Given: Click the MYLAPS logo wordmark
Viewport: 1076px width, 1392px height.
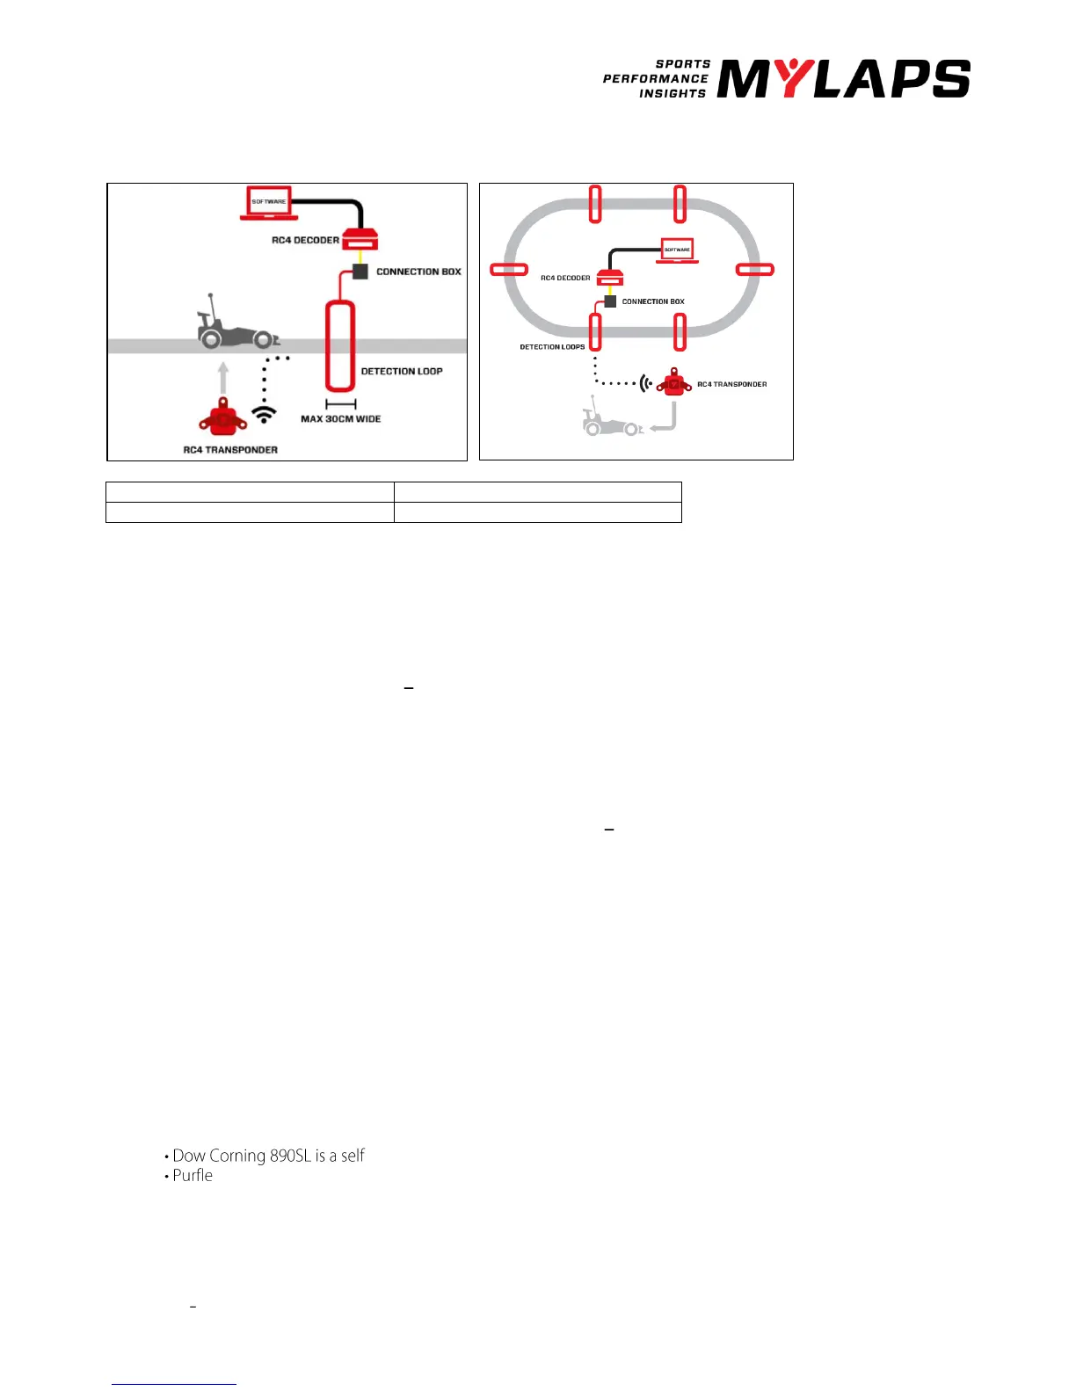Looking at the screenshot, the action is coord(843,79).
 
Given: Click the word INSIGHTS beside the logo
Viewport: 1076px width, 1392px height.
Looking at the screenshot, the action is coord(672,93).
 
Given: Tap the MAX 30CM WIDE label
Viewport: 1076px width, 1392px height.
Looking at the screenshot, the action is coord(341,419).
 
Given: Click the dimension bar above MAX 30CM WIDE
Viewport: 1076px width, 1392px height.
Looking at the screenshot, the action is coord(341,404).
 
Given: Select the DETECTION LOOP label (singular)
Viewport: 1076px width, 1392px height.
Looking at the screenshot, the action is coord(402,372).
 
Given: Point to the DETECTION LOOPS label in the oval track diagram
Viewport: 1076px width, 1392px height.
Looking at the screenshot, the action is coord(552,347).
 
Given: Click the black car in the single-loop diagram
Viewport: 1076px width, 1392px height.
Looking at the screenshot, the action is coord(236,327).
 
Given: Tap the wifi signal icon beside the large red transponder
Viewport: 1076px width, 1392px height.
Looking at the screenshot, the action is coord(264,413).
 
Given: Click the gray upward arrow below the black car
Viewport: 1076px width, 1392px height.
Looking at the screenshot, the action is coord(223,377).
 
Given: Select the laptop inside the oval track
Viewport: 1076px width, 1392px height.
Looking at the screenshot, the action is coord(677,250).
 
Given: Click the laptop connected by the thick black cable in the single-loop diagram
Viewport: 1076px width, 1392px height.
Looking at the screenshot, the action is coord(269,204).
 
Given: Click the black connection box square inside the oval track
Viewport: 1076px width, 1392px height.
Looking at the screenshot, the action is coord(611,301).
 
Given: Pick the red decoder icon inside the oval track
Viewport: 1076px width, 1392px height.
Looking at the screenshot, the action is coord(610,278).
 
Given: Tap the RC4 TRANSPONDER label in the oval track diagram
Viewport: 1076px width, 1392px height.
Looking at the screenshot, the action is coord(731,384).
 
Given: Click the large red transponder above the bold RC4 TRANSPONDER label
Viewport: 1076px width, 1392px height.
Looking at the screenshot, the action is coord(222,417).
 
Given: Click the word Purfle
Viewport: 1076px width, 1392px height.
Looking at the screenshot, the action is coord(193,1176).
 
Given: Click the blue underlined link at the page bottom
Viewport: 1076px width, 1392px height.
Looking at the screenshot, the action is coord(174,1383).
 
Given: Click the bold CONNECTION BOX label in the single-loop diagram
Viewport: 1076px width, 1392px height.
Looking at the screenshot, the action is coord(418,272).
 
